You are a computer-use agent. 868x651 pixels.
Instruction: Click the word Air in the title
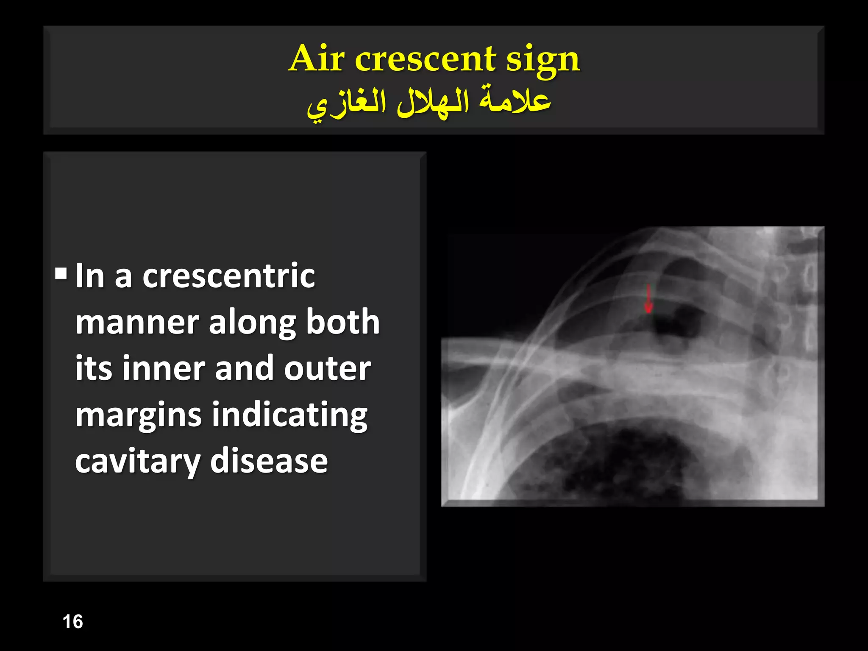coord(316,58)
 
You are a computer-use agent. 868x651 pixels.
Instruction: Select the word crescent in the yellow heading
coord(425,59)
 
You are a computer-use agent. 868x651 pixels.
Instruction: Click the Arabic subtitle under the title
coord(429,103)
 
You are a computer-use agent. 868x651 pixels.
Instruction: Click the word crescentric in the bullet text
coord(228,276)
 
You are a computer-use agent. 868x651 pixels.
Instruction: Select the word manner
coord(137,323)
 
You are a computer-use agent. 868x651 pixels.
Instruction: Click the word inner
coord(164,369)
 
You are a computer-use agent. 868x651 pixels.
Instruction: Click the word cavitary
coord(137,462)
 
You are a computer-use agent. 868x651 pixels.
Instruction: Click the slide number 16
coord(72,622)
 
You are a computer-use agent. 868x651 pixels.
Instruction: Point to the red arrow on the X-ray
coord(648,298)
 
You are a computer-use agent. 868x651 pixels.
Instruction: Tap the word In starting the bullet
coord(90,276)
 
